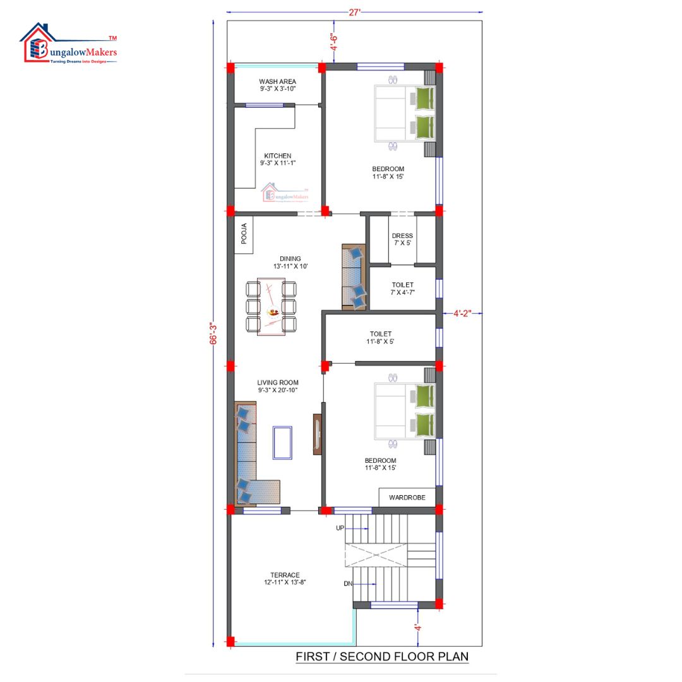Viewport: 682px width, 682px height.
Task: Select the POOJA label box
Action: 244,234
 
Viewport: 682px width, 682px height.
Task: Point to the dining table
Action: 271,307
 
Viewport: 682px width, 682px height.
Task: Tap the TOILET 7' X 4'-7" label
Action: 402,289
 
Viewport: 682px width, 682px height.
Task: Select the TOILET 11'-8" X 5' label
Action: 381,337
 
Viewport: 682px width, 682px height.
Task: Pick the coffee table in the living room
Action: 282,443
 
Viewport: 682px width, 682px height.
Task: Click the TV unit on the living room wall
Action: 318,434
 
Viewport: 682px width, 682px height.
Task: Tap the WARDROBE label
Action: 407,497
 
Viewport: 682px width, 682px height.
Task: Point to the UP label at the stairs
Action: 340,528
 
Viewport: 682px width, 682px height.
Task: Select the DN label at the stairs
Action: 348,583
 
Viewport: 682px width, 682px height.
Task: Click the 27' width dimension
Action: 354,12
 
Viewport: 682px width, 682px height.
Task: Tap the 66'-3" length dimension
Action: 213,333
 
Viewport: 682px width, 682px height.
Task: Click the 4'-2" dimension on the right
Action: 462,313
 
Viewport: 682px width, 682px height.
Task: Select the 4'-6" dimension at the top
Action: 334,42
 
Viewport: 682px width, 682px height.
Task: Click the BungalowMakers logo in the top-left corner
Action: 69,44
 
